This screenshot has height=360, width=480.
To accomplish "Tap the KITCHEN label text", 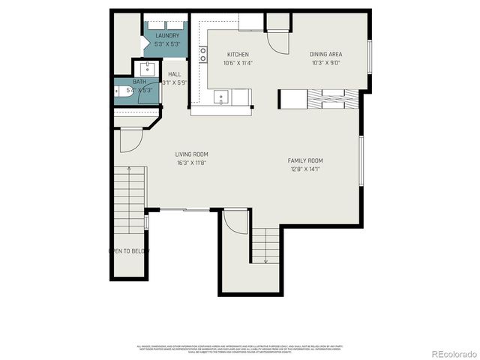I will pyautogui.click(x=238, y=55).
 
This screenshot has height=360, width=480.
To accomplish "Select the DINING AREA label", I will pyautogui.click(x=326, y=55).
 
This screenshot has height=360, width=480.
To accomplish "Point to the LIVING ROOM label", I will pyautogui.click(x=192, y=154).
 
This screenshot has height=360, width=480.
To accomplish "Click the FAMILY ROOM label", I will pyautogui.click(x=305, y=160).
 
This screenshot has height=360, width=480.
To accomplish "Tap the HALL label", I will pyautogui.click(x=174, y=74).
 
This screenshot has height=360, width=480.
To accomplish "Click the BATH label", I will pyautogui.click(x=140, y=82).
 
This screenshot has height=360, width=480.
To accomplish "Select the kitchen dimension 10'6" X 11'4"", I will pyautogui.click(x=238, y=63).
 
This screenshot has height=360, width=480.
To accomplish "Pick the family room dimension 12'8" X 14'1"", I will pyautogui.click(x=305, y=169).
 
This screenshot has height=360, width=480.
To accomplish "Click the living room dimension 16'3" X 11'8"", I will pyautogui.click(x=192, y=163).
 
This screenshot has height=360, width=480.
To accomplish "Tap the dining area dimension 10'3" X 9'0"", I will pyautogui.click(x=326, y=63).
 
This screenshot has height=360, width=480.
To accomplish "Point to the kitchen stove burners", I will pyautogui.click(x=203, y=54).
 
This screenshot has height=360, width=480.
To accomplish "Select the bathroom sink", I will pyautogui.click(x=147, y=70).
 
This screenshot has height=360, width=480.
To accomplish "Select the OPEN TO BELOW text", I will pyautogui.click(x=130, y=250).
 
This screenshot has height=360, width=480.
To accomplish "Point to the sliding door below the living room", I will pyautogui.click(x=184, y=210).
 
